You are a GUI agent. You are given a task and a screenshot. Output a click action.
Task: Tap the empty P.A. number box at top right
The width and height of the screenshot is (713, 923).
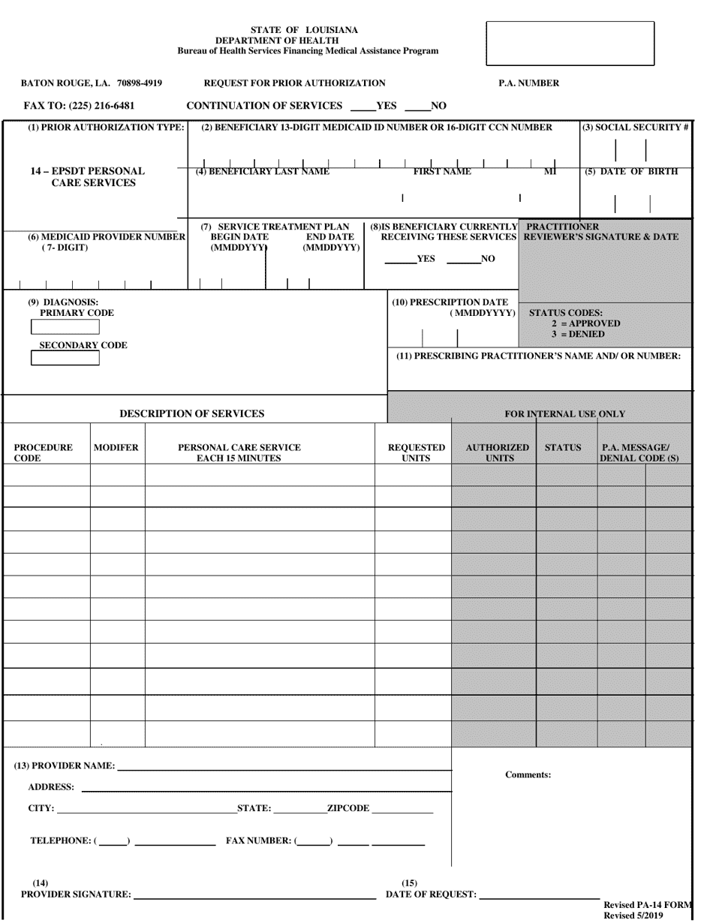(570, 44)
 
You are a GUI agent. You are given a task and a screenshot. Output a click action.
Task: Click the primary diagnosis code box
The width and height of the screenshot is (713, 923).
(65, 326)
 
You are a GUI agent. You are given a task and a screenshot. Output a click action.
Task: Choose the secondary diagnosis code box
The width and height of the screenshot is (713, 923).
(65, 358)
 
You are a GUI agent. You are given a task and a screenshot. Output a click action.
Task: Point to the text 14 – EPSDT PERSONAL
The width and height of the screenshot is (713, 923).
(88, 171)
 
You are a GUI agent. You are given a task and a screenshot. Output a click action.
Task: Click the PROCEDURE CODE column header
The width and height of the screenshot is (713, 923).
(44, 452)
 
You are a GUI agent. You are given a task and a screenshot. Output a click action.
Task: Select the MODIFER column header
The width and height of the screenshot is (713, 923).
(116, 447)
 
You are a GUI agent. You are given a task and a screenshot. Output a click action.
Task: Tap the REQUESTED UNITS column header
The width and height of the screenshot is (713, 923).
(416, 452)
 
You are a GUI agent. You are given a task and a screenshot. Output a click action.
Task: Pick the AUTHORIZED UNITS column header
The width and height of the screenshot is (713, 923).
(497, 452)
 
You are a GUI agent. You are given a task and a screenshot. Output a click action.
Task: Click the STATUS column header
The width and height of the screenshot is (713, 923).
(563, 447)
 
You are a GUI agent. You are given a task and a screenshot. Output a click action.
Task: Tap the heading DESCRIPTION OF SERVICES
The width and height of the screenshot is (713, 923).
(192, 413)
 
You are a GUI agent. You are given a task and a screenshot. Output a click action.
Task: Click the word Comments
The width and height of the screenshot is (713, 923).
(528, 774)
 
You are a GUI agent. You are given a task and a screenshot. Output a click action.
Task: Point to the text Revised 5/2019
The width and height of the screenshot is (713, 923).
(633, 916)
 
